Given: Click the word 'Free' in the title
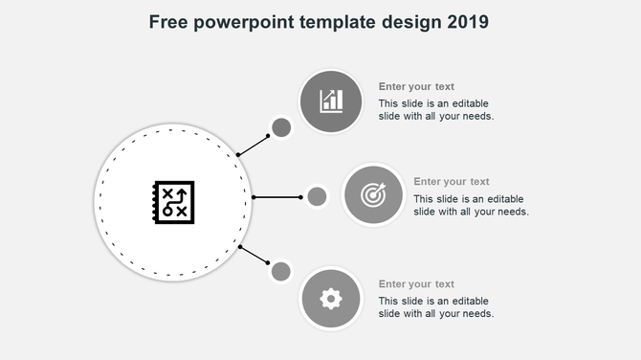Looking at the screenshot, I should click(x=169, y=21).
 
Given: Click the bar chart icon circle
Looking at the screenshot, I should click(x=331, y=101).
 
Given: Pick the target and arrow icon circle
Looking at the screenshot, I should click(x=373, y=195).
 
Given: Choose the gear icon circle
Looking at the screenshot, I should click(x=331, y=299).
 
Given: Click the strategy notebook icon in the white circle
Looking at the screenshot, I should click(x=173, y=202).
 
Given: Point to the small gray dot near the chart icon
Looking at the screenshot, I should click(x=281, y=127).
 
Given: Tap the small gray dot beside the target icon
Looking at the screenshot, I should click(x=317, y=197).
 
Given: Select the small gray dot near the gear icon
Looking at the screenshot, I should click(x=281, y=271).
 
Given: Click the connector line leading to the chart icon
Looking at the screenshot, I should click(x=254, y=145).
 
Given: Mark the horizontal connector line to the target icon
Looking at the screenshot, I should click(x=277, y=197).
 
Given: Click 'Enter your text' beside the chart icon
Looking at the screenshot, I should click(x=416, y=86).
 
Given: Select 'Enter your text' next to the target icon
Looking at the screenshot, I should click(x=452, y=181).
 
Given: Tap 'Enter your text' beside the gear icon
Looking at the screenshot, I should click(x=416, y=283).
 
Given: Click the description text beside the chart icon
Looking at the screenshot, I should click(x=436, y=109).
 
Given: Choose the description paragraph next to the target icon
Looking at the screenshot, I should click(x=472, y=205).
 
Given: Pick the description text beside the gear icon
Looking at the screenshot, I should click(x=436, y=307).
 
